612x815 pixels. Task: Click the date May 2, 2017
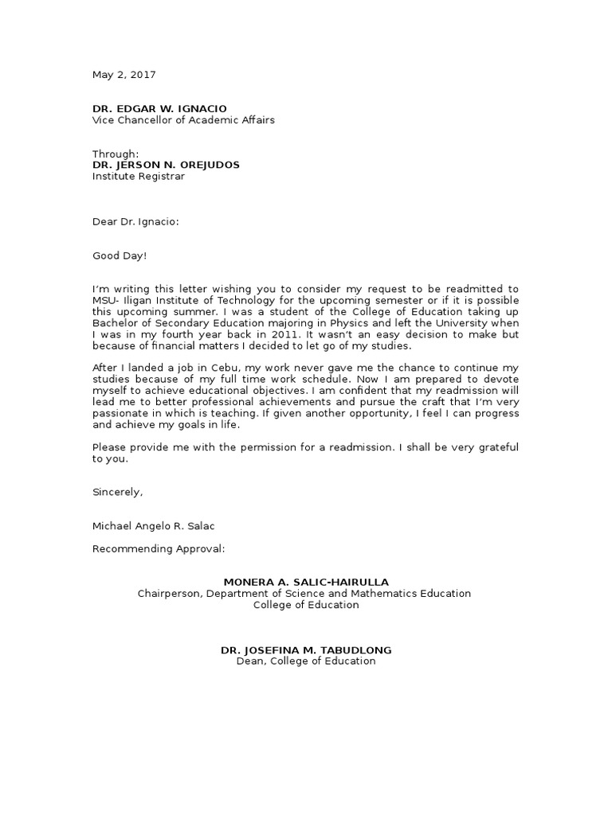click(124, 75)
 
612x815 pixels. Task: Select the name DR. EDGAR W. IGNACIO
click(159, 108)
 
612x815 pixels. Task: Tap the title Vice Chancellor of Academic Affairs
click(184, 120)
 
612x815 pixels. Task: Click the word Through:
click(116, 154)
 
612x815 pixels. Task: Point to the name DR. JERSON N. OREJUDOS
click(166, 165)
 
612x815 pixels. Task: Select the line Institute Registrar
click(138, 176)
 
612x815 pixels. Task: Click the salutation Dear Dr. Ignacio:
click(135, 222)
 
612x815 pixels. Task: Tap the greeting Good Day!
click(120, 255)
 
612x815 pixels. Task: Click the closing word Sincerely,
click(117, 492)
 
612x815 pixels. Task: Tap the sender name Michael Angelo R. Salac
click(155, 525)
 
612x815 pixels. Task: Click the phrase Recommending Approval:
click(159, 548)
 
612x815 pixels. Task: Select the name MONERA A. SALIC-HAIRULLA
click(306, 582)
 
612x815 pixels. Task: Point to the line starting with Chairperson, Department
click(304, 593)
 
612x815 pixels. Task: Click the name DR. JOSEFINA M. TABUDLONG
click(306, 650)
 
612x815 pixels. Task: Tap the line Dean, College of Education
click(306, 661)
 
